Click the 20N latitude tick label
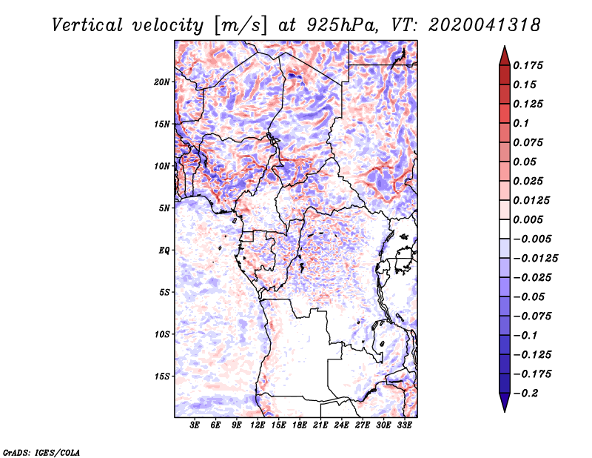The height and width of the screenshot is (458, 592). (x=162, y=82)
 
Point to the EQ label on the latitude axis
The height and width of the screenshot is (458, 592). (x=164, y=250)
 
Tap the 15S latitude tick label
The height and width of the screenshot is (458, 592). (x=162, y=376)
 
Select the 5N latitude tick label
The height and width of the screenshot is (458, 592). (x=164, y=208)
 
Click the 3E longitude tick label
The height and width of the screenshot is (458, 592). (x=195, y=425)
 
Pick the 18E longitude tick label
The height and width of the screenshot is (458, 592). (x=300, y=425)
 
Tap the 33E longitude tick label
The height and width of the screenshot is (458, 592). (x=404, y=425)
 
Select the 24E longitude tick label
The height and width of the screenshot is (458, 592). (x=341, y=425)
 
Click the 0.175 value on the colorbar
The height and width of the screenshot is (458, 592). (x=528, y=65)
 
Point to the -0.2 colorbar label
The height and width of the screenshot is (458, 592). (x=525, y=394)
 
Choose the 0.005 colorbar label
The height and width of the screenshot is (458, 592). (x=528, y=219)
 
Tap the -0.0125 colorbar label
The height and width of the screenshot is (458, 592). (x=535, y=259)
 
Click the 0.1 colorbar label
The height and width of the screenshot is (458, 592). (x=521, y=123)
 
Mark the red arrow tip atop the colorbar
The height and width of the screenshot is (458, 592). (x=505, y=46)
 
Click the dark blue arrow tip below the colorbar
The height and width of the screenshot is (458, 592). (x=505, y=411)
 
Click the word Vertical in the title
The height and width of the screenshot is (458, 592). (x=87, y=25)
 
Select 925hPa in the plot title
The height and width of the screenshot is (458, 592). (x=342, y=25)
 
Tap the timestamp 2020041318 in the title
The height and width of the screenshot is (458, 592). (x=485, y=25)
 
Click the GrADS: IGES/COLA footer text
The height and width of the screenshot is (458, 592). (x=41, y=452)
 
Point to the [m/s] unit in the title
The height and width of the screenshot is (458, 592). (x=240, y=26)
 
